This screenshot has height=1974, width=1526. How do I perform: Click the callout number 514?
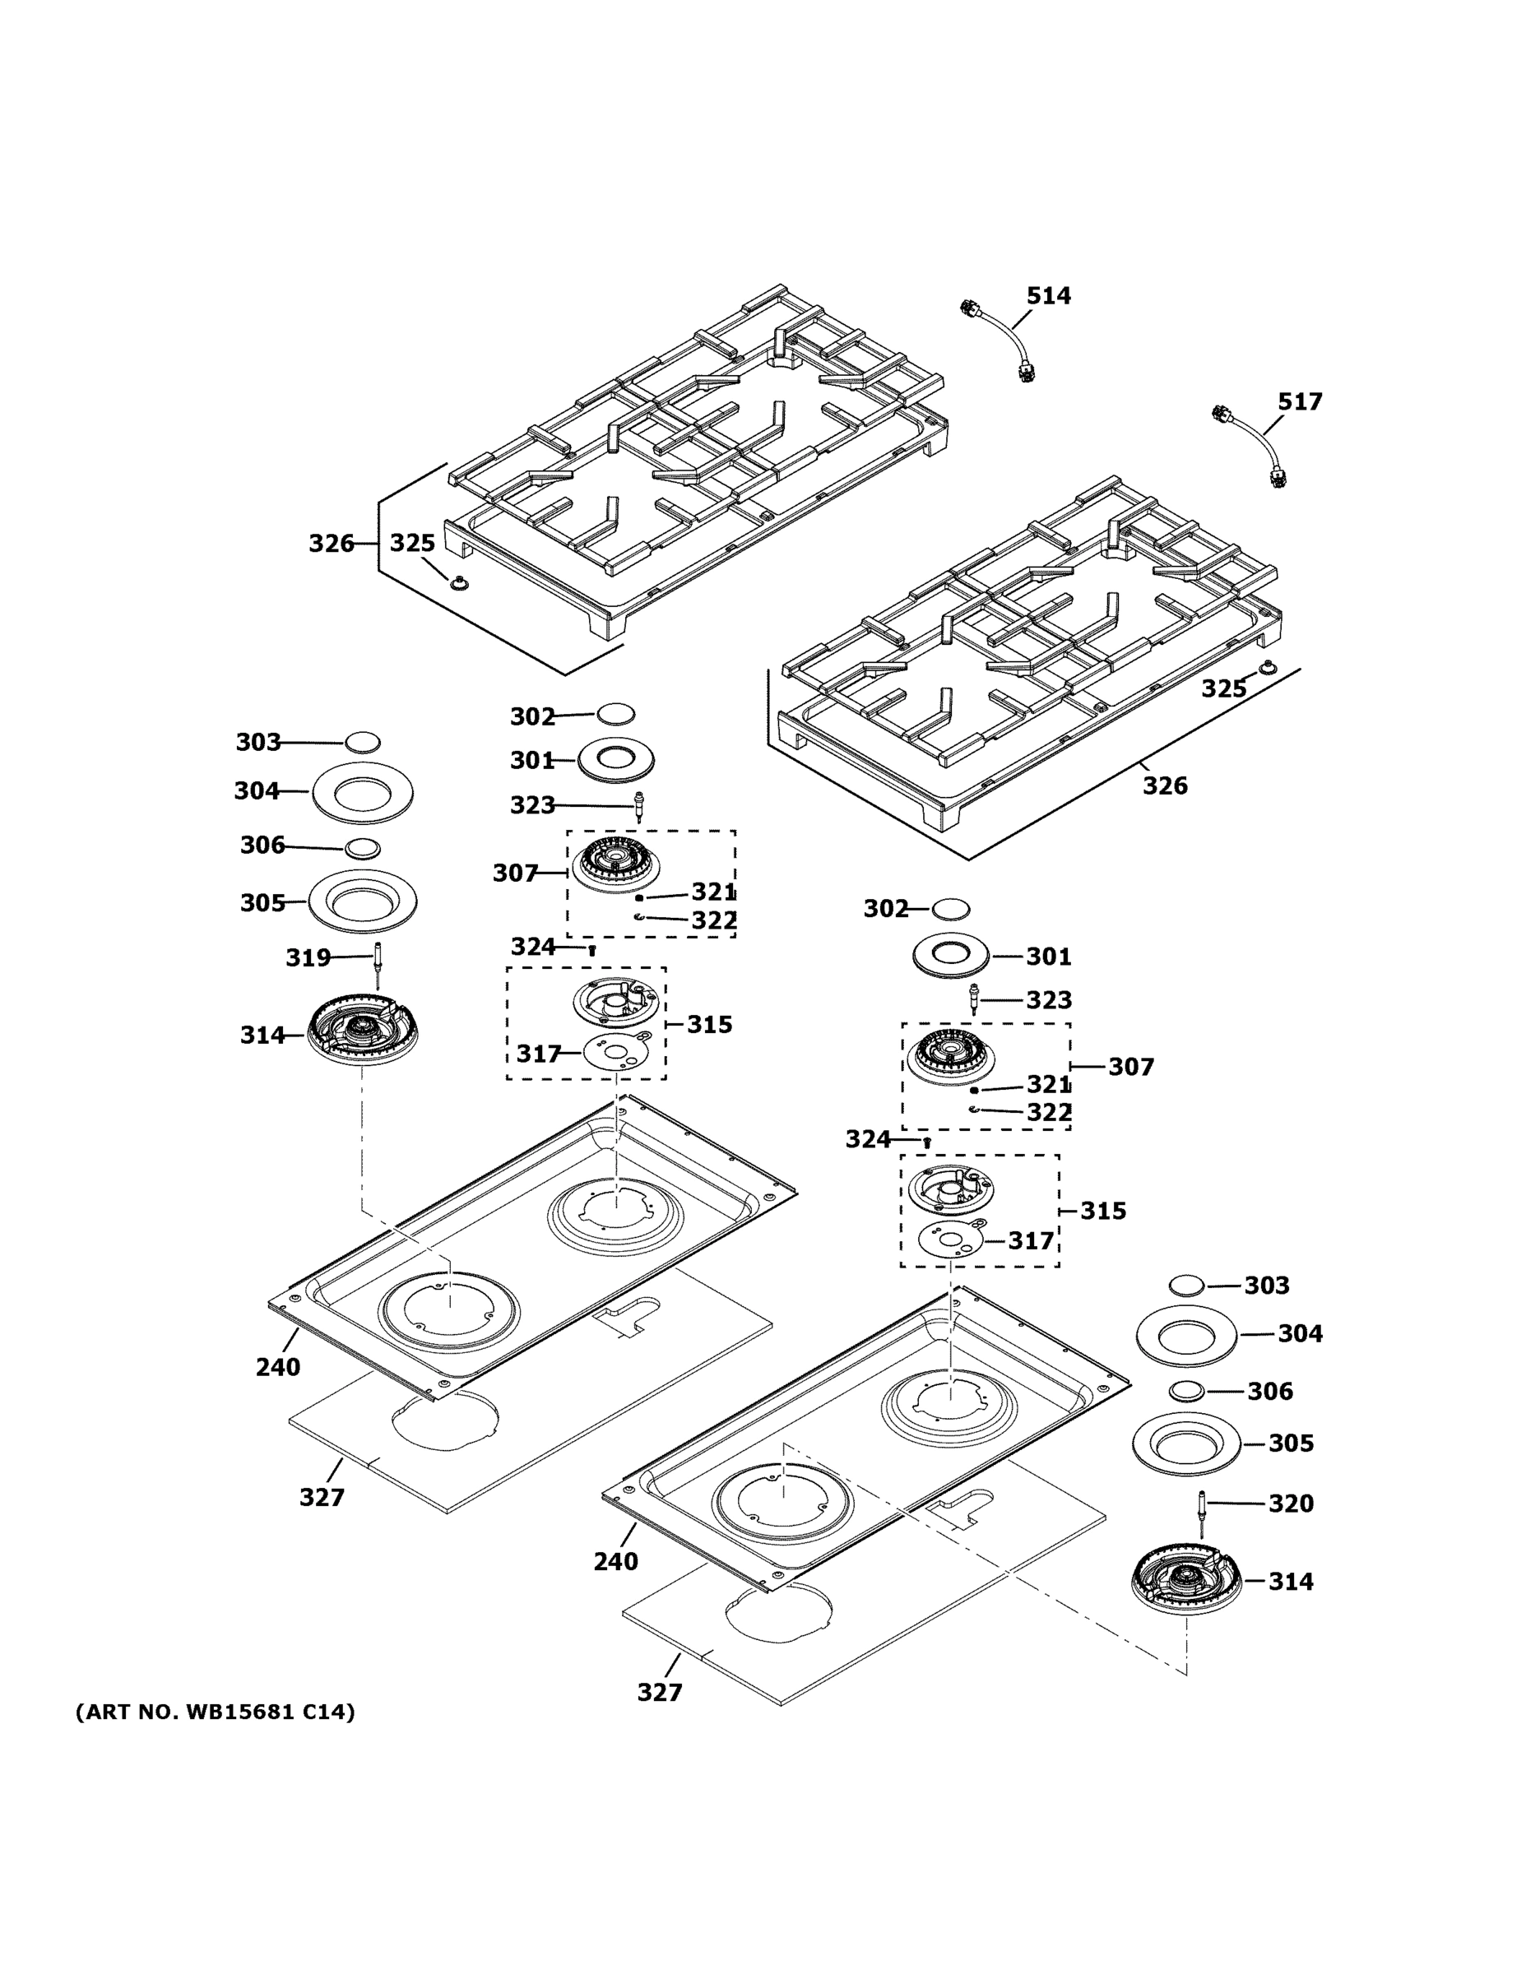coord(1048,295)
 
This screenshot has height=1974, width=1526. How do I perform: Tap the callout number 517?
coord(1299,401)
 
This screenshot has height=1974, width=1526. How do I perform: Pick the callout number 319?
coord(308,957)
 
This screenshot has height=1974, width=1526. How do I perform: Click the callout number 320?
coord(1290,1503)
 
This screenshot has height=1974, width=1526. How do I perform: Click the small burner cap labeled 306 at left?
coord(363,849)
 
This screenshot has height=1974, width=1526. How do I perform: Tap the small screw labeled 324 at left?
coord(592,949)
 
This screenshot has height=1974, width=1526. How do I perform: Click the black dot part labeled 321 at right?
coord(975,1090)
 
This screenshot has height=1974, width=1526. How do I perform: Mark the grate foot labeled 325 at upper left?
coord(460,583)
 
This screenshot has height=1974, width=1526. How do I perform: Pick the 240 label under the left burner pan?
coord(277,1368)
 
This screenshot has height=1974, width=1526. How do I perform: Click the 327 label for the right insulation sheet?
coord(659,1692)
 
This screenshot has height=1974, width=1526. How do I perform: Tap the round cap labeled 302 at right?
coord(950,907)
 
